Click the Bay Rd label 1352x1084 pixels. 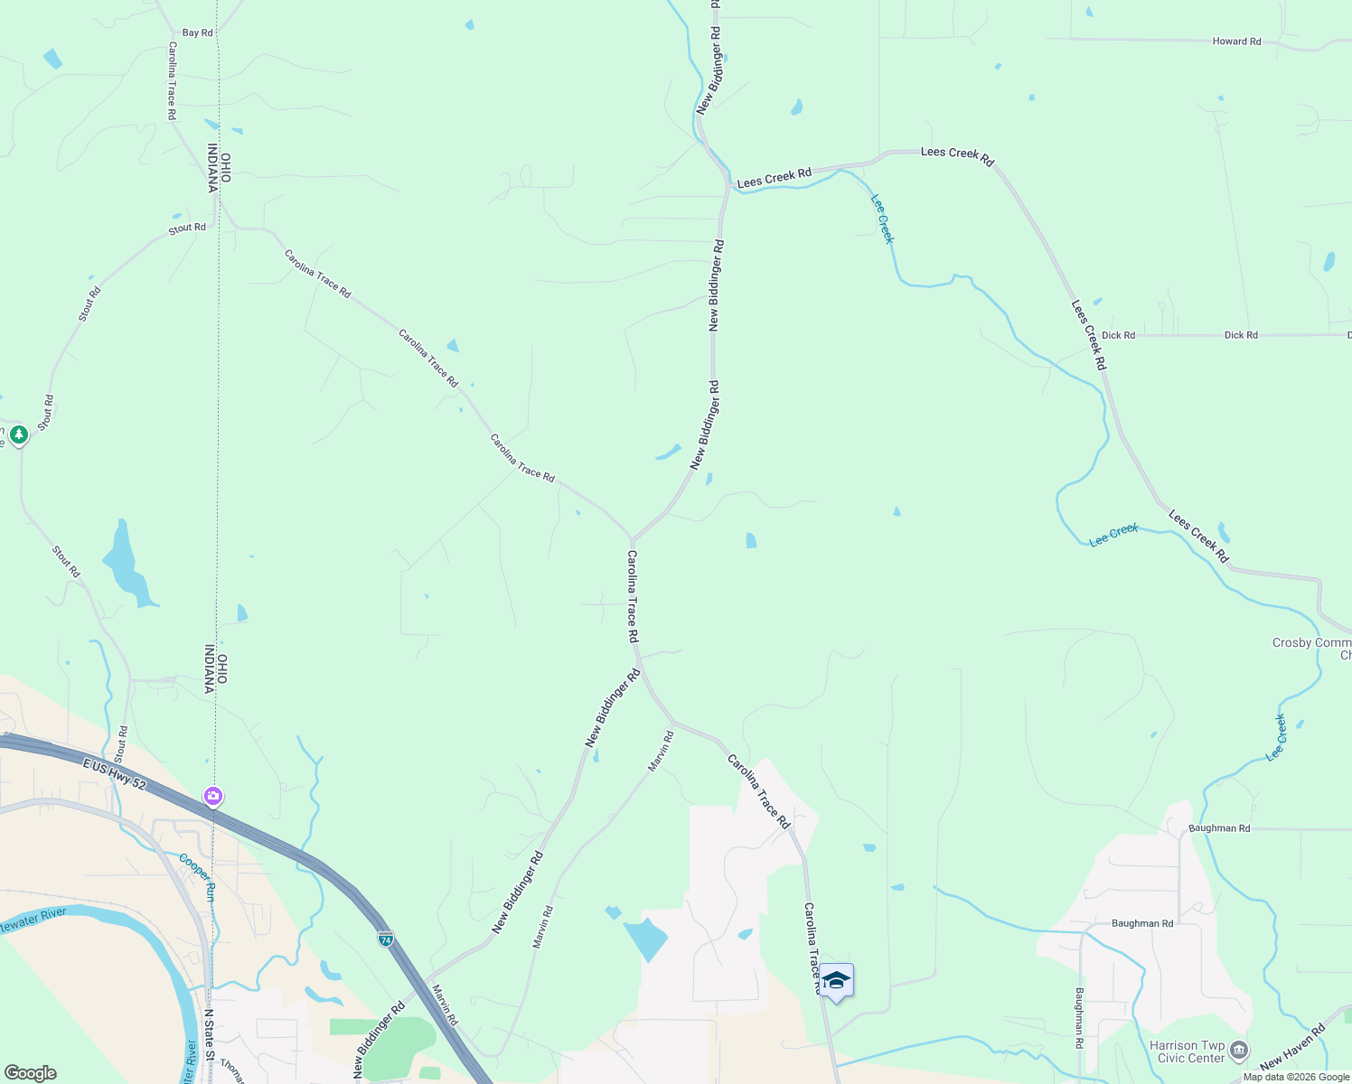coord(197,33)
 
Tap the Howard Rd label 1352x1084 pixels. coord(1236,42)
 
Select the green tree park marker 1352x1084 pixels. coord(19,435)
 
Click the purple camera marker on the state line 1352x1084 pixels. coord(213,796)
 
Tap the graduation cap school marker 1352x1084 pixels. coord(836,981)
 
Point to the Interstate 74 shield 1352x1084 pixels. coord(386,939)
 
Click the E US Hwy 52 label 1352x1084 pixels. coord(114,777)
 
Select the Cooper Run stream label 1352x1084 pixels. coord(198,876)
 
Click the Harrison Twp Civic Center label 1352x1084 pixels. coord(1187,1051)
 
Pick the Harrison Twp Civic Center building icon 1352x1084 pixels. coord(1239,1050)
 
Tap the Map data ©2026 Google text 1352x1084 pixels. coord(1296,1077)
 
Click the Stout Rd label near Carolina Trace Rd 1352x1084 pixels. coord(187,229)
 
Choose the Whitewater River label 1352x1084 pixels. coord(34,920)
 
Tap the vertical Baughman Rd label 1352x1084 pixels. coord(1079,1017)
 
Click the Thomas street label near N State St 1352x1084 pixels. coord(231,1071)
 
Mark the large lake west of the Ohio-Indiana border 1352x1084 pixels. coord(127,565)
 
